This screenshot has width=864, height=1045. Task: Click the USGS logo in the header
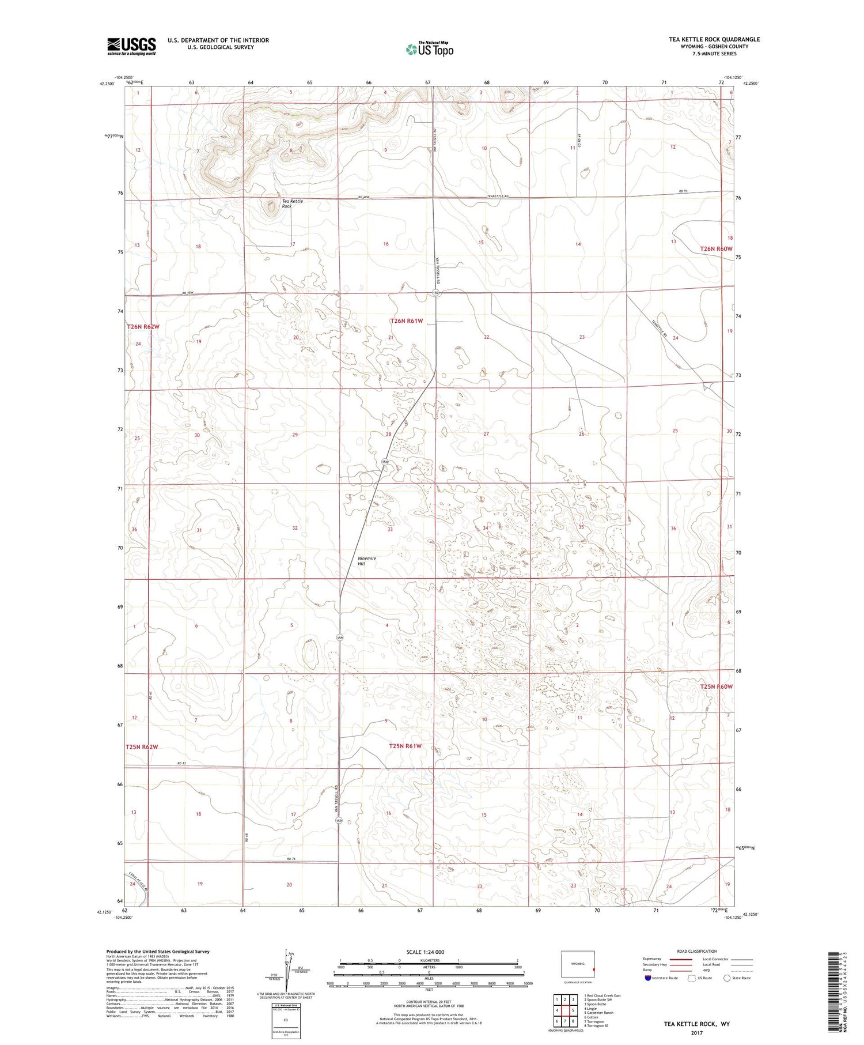(x=131, y=46)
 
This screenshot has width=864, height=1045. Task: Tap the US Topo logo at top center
(x=430, y=49)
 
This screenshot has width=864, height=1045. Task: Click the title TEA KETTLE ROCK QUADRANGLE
(x=714, y=39)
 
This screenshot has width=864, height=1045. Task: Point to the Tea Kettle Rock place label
(x=292, y=203)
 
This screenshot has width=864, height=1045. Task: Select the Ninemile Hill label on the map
(x=366, y=561)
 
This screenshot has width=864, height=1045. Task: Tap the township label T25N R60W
(x=716, y=686)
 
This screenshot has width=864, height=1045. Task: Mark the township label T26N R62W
(x=143, y=327)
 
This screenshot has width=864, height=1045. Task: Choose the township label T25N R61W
(x=405, y=746)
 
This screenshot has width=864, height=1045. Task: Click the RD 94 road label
(x=684, y=192)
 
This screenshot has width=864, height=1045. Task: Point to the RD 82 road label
(x=182, y=764)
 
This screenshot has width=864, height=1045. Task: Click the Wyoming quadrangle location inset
(x=578, y=964)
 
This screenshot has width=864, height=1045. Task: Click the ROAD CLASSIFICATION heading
(x=697, y=951)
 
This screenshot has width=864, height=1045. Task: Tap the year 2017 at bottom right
(x=697, y=1033)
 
